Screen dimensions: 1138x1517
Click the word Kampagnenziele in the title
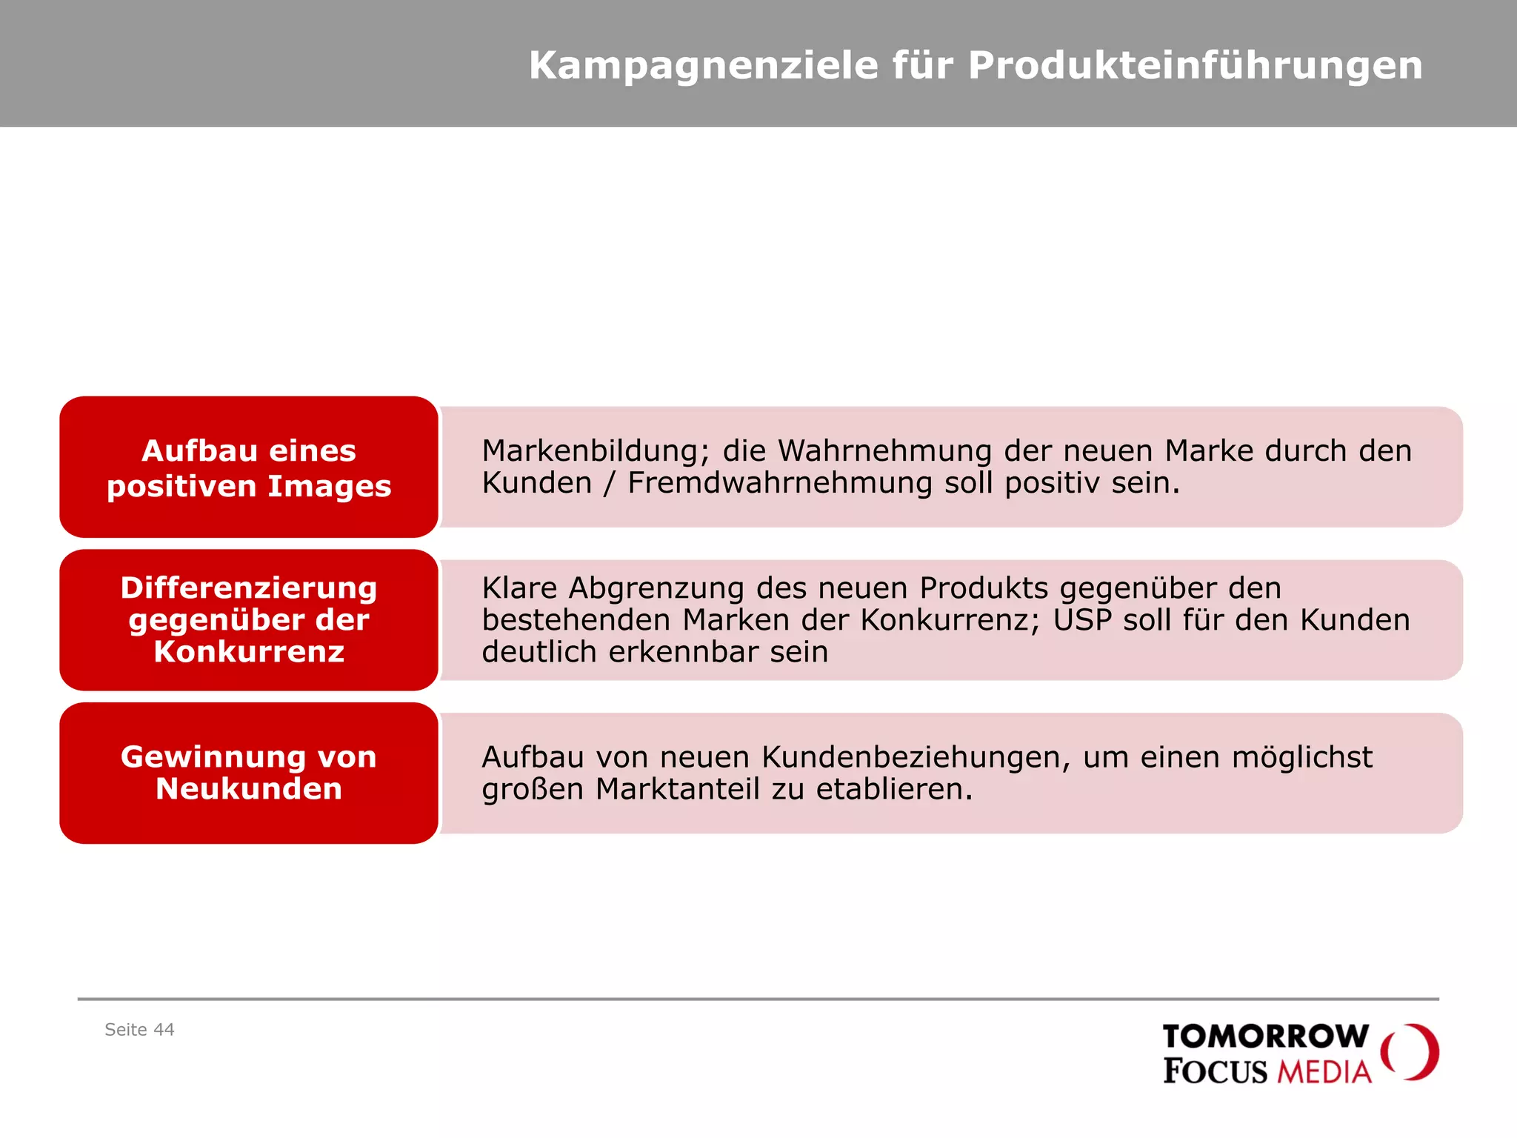(x=702, y=66)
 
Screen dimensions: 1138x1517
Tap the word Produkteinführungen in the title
(x=1195, y=66)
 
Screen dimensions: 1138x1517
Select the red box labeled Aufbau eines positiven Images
(x=249, y=467)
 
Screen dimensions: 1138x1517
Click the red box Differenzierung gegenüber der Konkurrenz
(x=249, y=620)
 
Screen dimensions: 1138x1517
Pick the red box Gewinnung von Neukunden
(x=249, y=773)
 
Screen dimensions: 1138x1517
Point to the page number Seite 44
(x=139, y=1030)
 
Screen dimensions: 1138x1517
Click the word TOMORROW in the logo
(x=1265, y=1036)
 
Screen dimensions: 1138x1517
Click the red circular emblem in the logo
(x=1410, y=1052)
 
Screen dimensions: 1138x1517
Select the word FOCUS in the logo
(x=1215, y=1071)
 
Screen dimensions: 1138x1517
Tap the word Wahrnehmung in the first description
(x=884, y=451)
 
